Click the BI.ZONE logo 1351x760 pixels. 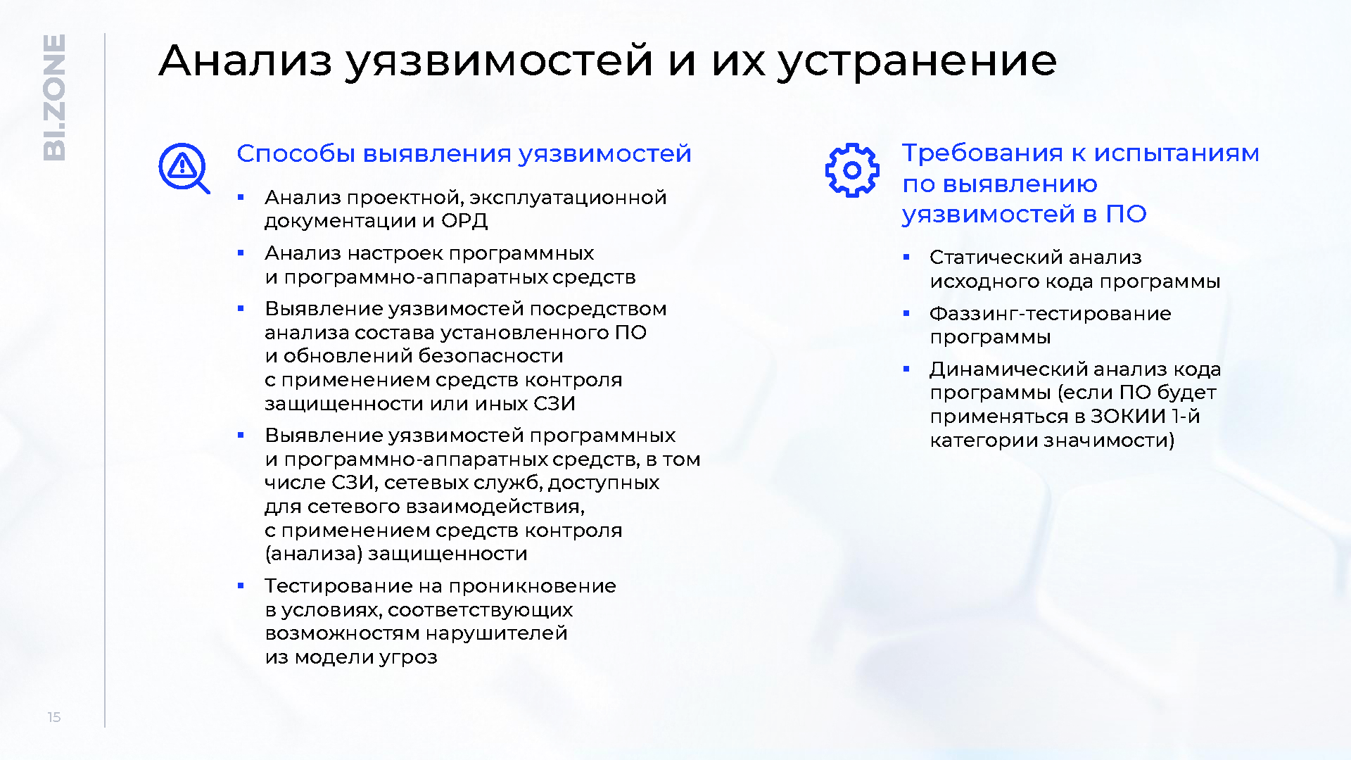(x=54, y=98)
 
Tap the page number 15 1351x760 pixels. (x=54, y=717)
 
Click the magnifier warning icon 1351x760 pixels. (x=184, y=168)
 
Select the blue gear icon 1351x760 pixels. (x=852, y=170)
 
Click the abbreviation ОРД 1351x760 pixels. (x=464, y=221)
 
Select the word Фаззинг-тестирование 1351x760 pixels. (x=1050, y=314)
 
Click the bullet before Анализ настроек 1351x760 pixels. (x=241, y=253)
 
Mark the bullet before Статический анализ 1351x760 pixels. (x=906, y=258)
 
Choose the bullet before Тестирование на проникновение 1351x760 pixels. (x=241, y=585)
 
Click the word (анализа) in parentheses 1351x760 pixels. (x=314, y=554)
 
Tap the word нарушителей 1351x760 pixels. (x=496, y=633)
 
